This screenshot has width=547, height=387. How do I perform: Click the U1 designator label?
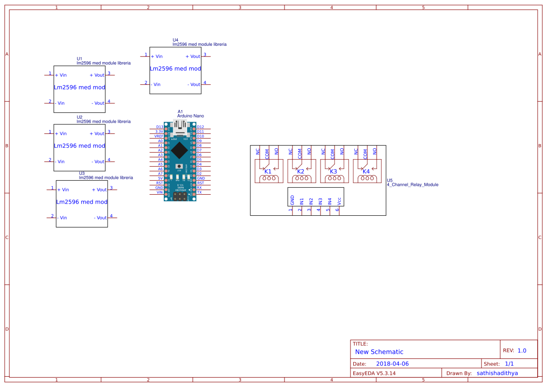point(80,59)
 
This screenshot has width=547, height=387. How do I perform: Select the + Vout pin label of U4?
point(193,57)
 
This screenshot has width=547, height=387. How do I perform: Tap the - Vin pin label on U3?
point(62,218)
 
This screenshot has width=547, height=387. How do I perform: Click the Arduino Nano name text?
point(190,116)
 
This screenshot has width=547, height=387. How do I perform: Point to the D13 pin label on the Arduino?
point(160,127)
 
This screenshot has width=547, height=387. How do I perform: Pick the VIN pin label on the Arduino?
point(160,192)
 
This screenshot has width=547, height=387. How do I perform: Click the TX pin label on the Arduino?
point(199,192)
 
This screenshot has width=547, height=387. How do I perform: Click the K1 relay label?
point(268,172)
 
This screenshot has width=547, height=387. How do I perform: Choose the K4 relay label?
point(366,172)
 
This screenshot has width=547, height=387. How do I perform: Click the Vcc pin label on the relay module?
point(339,201)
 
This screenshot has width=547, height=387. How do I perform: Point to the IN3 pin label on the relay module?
point(321,201)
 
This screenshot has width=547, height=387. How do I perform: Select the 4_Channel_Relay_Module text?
point(412,185)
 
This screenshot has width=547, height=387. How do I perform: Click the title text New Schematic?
point(379,352)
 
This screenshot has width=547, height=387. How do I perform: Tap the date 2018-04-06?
point(392,364)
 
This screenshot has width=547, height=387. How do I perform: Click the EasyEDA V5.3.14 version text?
point(374,373)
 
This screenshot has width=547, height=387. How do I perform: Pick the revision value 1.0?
point(522,350)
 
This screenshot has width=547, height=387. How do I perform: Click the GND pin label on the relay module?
point(292,200)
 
